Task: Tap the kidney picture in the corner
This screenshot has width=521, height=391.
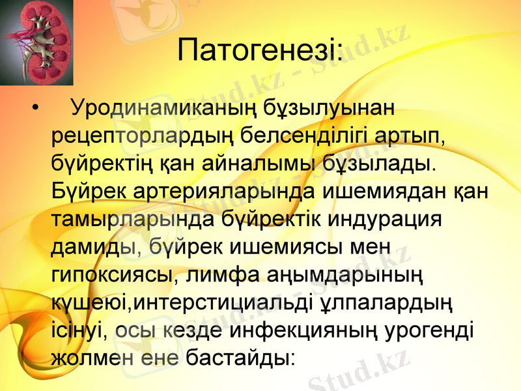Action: coord(27,42)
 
